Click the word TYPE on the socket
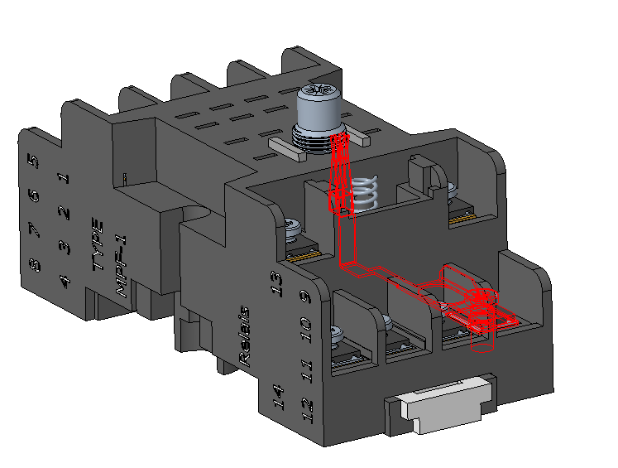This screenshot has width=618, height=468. coord(98,244)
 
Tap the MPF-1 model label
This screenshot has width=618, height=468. coord(121,267)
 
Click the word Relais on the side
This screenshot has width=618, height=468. coord(244,336)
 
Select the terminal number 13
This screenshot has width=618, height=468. coord(276,284)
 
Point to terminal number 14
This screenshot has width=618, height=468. coord(278,398)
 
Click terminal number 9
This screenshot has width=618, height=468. coord(305,297)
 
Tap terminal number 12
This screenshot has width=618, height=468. coord(307,410)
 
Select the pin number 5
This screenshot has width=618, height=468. coord(34,162)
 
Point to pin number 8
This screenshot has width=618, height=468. coord(35,265)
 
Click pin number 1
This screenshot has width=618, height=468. coord(65,178)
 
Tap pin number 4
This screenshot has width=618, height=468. coord(65,282)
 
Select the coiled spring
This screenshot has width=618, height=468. coord(364,192)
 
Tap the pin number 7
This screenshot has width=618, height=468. coord(34,230)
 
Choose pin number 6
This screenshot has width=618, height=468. coord(34,195)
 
